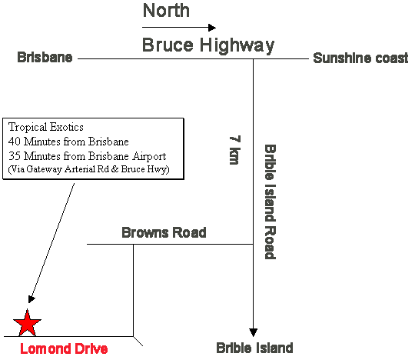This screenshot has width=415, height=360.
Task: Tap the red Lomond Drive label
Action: (x=64, y=348)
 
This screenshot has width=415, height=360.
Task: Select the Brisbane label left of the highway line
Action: (x=45, y=57)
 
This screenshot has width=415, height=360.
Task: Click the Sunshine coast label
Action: (x=360, y=58)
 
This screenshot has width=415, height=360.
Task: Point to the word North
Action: (x=166, y=10)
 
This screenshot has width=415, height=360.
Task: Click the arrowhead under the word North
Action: (x=212, y=27)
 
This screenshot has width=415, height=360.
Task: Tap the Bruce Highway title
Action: (x=208, y=45)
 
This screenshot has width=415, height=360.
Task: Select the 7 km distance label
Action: (x=235, y=150)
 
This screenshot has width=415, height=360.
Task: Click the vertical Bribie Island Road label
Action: (x=271, y=202)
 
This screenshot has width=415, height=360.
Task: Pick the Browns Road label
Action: (x=164, y=232)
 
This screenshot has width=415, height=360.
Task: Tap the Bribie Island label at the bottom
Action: (x=254, y=348)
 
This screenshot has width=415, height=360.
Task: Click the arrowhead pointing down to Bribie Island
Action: (x=254, y=332)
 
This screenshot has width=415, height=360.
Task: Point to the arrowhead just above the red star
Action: (x=32, y=299)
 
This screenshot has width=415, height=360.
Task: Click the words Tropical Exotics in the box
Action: (x=46, y=127)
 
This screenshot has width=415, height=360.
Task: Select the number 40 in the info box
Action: (x=15, y=142)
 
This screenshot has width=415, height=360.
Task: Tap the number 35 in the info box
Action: (x=15, y=156)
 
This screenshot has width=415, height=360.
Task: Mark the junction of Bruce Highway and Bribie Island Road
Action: (x=253, y=58)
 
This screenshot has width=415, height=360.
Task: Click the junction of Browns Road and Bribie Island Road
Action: (x=253, y=244)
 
